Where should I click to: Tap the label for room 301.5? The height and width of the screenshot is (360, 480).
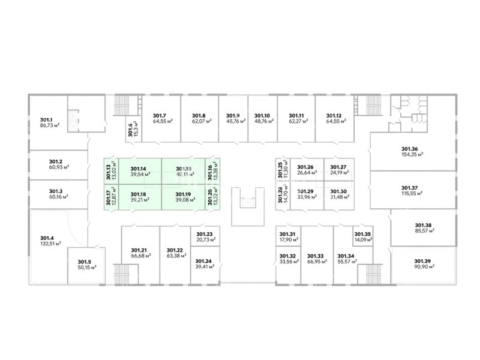[85, 261]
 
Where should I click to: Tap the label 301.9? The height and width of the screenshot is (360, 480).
[233, 115]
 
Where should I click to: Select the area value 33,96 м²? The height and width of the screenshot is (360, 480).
[306, 199]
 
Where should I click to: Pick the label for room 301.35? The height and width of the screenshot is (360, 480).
[362, 235]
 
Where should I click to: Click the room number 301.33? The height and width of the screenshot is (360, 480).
[316, 256]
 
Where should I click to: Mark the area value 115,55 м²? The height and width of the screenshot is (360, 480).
[412, 194]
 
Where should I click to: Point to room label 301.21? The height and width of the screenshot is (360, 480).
[139, 250]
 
